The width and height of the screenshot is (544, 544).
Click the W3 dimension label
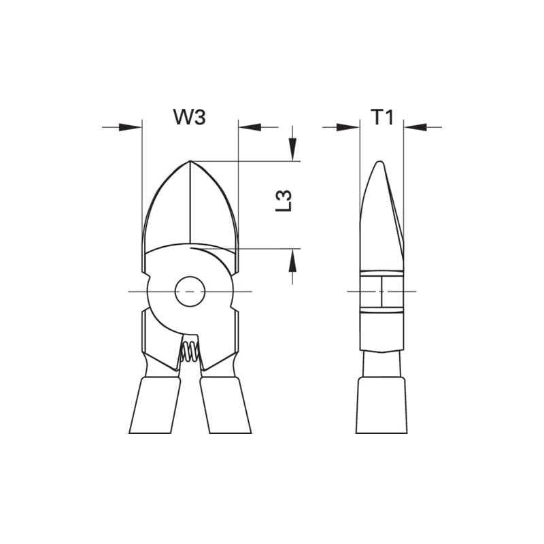189,117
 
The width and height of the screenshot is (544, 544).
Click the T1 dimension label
382,117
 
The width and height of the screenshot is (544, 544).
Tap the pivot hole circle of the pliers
190,292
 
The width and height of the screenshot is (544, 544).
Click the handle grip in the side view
381,406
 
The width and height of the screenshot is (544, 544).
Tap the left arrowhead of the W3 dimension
131,126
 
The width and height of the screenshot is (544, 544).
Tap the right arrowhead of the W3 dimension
250,126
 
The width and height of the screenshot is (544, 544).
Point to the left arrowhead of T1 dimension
349,126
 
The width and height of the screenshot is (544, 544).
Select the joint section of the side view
381,292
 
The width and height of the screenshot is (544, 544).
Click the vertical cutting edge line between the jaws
190,204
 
